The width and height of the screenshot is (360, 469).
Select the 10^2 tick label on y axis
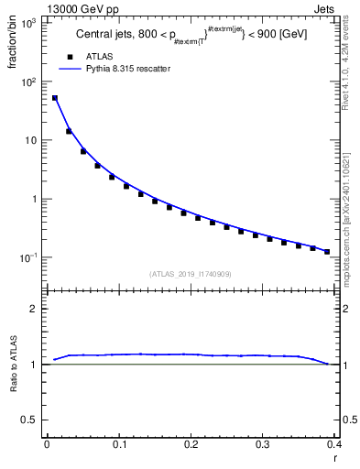(x=28, y=82)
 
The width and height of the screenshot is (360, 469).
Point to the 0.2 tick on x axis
(x=191, y=445)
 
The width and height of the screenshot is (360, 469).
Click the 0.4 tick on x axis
(x=333, y=445)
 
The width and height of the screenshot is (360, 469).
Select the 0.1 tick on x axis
(x=118, y=445)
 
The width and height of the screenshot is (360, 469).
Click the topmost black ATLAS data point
(x=55, y=98)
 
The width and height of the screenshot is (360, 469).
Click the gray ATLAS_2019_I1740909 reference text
(x=190, y=274)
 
